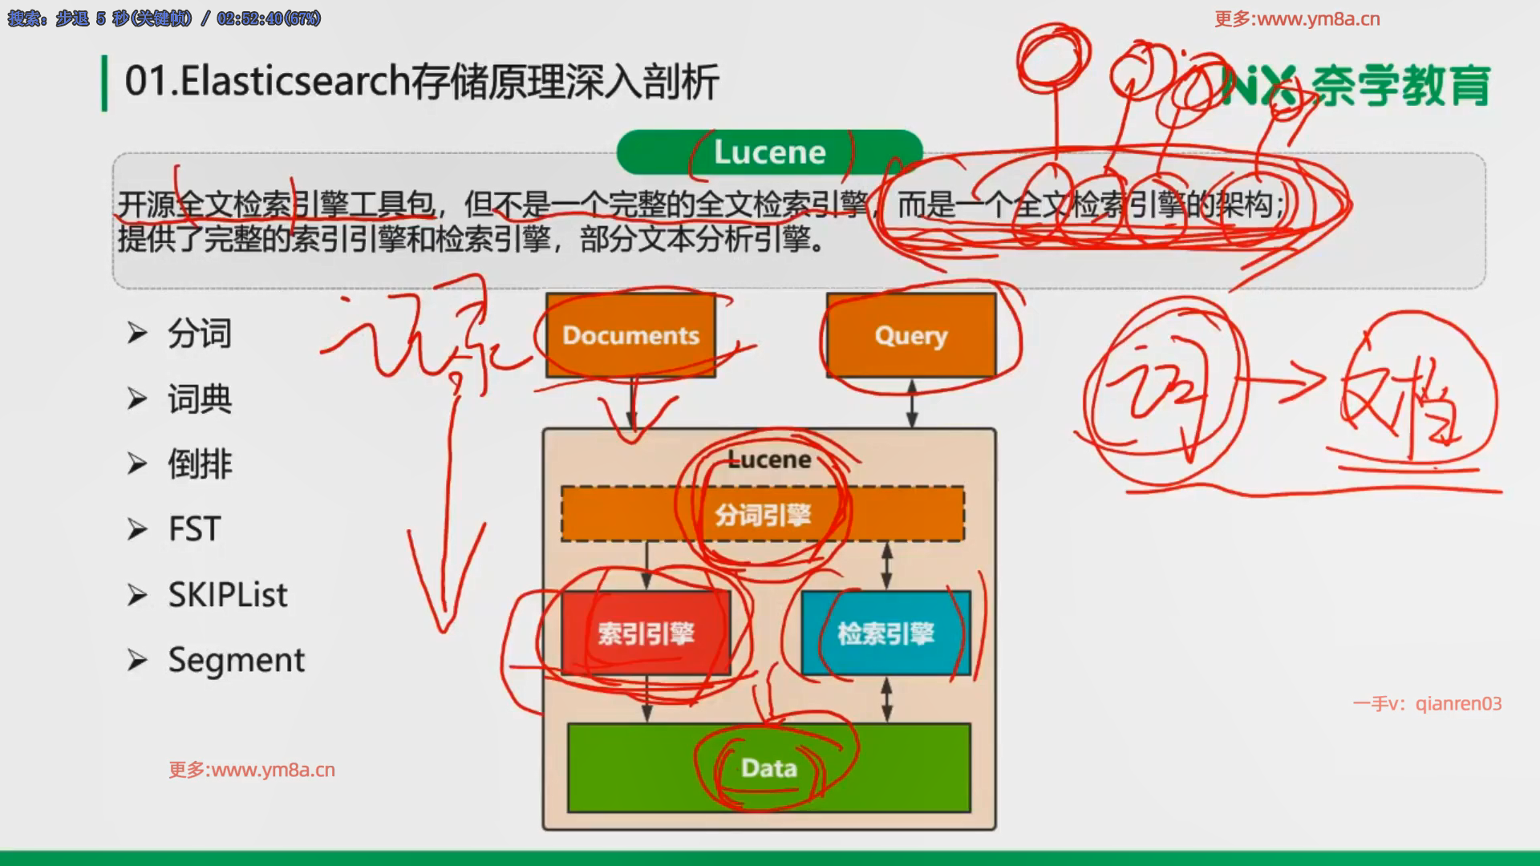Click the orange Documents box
630,335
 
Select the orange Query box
911,335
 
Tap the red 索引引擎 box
646,633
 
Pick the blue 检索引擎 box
885,633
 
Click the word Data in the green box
769,768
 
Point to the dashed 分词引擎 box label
763,514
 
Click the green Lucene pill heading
769,152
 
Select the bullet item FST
194,529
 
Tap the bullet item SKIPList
227,595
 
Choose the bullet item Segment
236,660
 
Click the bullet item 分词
200,334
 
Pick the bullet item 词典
200,399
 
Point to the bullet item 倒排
200,464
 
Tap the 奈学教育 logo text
1400,85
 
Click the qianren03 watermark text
1458,703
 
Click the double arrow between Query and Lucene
912,403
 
